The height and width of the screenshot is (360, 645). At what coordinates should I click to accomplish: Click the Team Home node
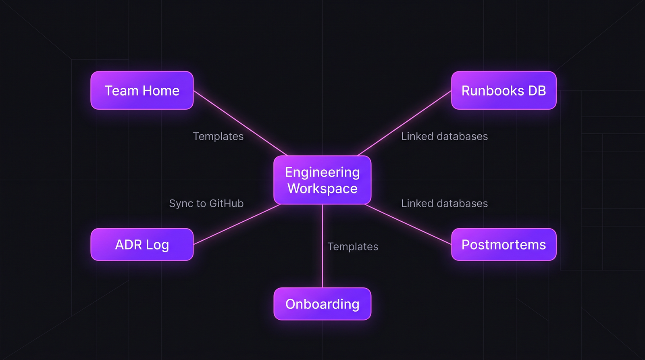click(142, 90)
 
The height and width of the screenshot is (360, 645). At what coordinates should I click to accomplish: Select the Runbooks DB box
click(504, 90)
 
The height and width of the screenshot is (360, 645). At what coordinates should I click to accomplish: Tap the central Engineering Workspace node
click(322, 180)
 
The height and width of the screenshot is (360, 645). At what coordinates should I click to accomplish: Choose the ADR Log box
click(142, 244)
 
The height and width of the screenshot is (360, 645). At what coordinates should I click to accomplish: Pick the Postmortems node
click(504, 244)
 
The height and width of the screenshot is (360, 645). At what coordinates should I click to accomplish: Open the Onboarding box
click(322, 304)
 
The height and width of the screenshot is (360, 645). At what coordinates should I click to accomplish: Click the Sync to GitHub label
click(206, 203)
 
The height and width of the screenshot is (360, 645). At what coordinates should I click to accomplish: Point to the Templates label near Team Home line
click(218, 136)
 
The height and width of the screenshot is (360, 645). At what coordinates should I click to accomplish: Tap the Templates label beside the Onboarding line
click(353, 246)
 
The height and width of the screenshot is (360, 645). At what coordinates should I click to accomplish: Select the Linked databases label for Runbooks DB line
click(444, 136)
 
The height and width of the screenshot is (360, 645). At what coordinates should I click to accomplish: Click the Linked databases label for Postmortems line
click(444, 203)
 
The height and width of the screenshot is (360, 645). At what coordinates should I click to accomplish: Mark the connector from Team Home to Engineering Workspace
click(240, 123)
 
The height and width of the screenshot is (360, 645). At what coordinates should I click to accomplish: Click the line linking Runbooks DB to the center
click(404, 123)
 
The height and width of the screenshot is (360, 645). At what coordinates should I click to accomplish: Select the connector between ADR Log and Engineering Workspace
click(237, 224)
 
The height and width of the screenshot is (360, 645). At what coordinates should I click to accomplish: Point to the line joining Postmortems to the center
click(408, 224)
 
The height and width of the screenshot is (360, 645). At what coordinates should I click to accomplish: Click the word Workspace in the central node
click(322, 189)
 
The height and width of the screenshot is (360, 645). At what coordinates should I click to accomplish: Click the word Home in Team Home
click(161, 91)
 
